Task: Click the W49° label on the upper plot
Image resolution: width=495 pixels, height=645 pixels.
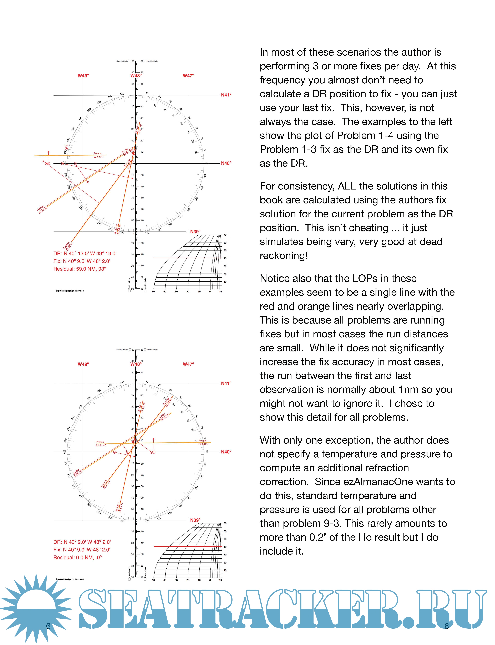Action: (x=83, y=76)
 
